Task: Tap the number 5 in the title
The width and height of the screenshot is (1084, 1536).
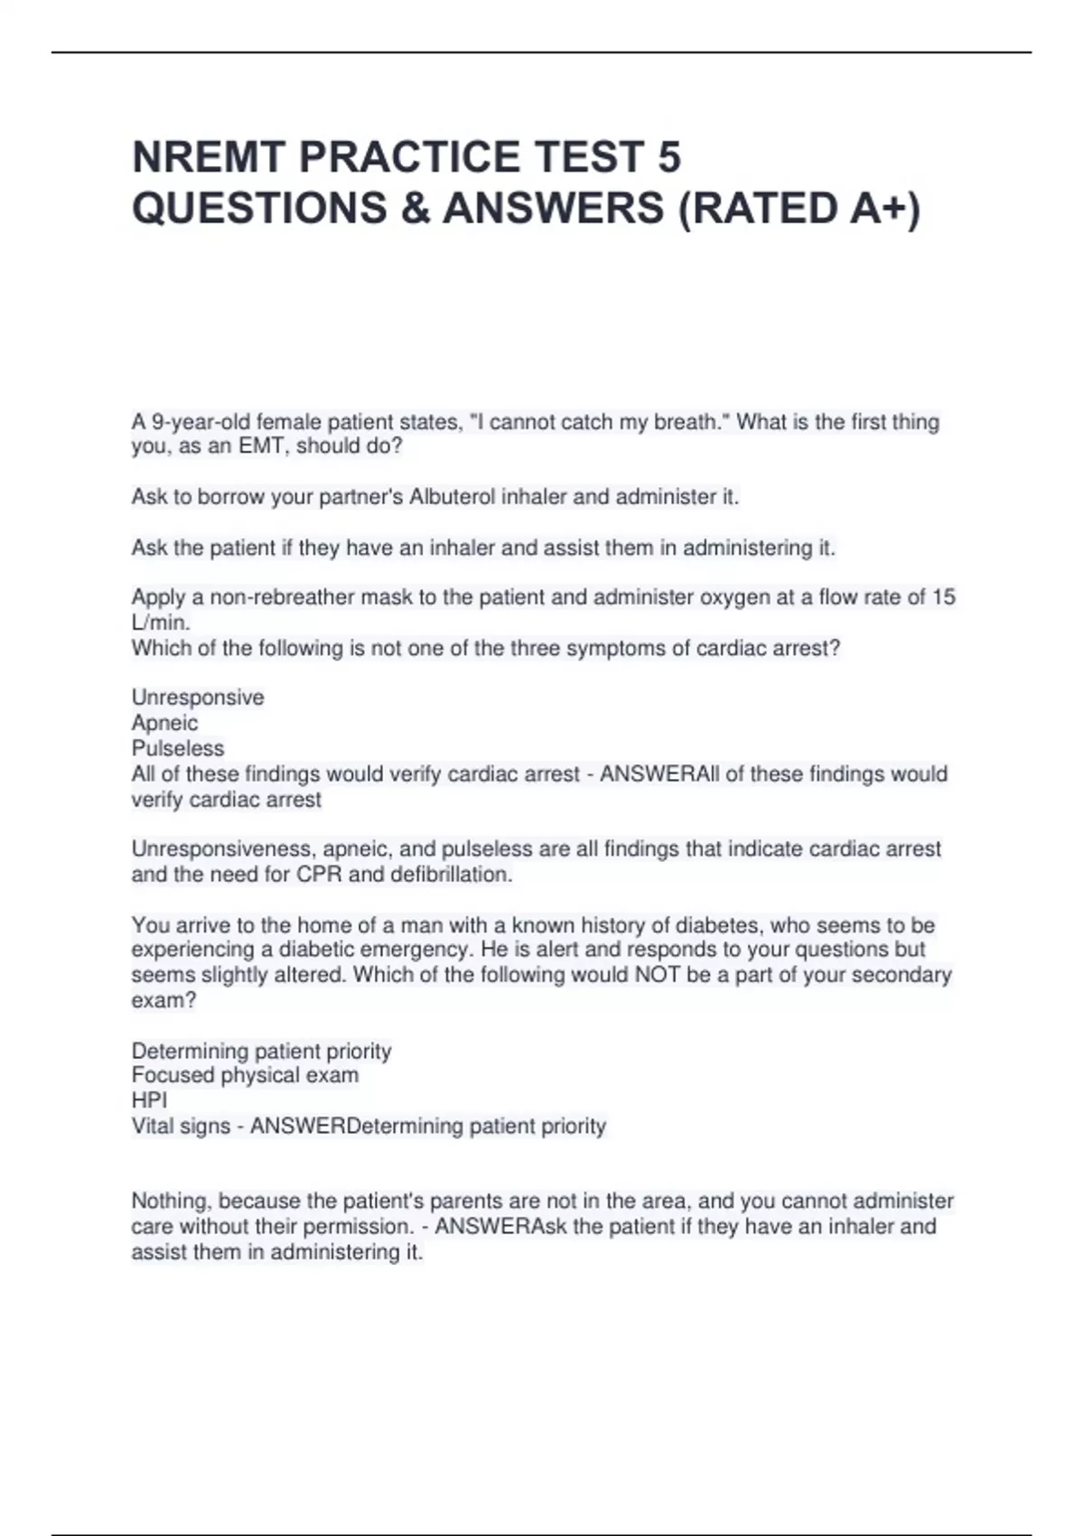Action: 668,157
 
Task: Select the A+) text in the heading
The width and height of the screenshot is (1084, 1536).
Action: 885,209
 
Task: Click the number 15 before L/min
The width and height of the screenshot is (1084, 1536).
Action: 943,597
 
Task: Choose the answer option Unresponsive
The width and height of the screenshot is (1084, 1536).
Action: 198,698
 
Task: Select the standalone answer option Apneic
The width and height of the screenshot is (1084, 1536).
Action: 164,723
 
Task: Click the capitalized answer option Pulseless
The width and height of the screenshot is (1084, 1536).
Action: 178,748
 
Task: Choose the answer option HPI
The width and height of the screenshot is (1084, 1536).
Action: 149,1100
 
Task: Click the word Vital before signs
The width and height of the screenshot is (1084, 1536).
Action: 156,1127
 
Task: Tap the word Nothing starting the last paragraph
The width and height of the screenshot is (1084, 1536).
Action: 173,1202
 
